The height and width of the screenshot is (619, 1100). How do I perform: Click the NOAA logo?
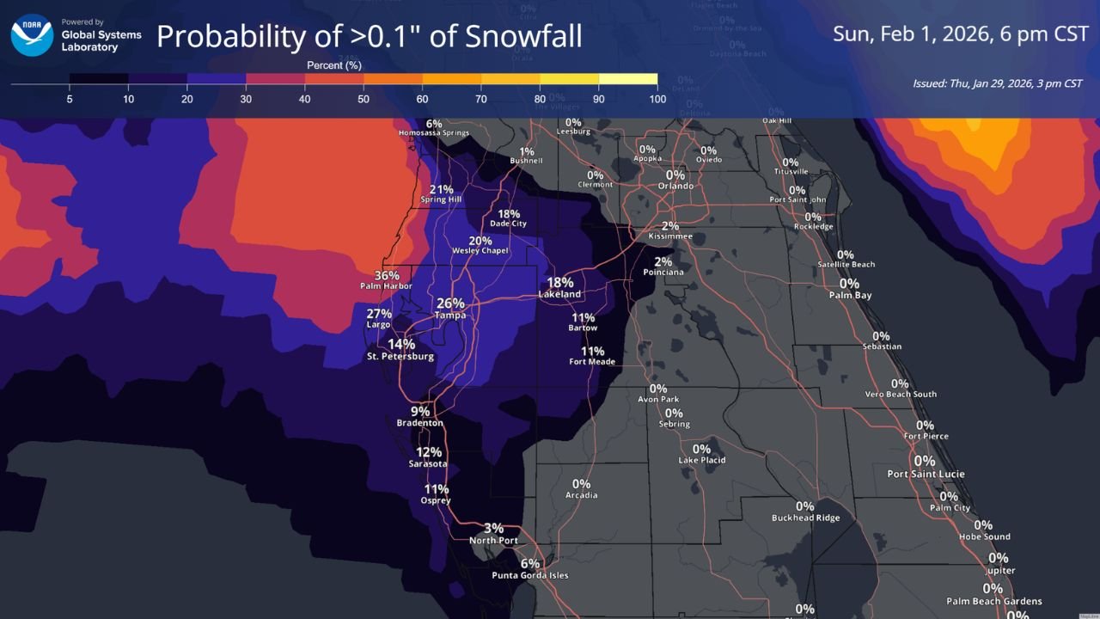(32, 35)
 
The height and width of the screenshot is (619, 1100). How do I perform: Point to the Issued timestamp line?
(997, 83)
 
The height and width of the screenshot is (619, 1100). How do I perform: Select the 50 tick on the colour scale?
(364, 99)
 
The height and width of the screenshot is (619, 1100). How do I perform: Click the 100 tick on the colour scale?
(657, 99)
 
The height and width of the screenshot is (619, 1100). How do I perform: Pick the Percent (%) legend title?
(334, 65)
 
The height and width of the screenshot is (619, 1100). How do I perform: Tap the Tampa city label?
(450, 316)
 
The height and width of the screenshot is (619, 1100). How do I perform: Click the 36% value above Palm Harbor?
(387, 276)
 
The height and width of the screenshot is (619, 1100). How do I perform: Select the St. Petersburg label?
(400, 356)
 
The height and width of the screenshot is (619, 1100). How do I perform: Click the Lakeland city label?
(559, 294)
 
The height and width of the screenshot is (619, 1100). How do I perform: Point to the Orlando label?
(675, 186)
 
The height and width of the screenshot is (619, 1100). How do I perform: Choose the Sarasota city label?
(428, 464)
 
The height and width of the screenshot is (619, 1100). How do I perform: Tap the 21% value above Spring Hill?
(441, 190)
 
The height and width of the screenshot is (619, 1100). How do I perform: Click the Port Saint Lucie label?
(926, 474)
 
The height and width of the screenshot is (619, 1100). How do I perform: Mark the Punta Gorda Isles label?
(529, 575)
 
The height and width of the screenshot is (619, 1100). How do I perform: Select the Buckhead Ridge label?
(805, 518)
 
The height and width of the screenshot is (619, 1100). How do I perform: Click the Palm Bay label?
(850, 295)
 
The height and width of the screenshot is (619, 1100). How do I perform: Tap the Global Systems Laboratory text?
(101, 40)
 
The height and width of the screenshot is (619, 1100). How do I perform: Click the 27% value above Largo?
(379, 314)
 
